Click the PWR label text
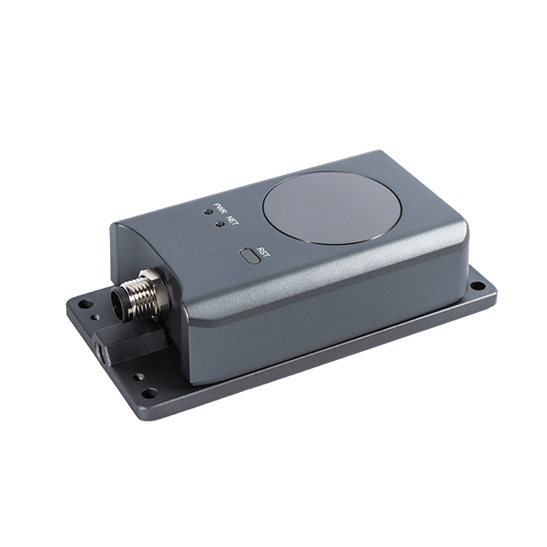pos(219,209)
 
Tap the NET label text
pos(231,220)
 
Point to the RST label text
pos(263,252)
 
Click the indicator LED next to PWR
pos(208,211)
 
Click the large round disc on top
pos(332,208)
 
